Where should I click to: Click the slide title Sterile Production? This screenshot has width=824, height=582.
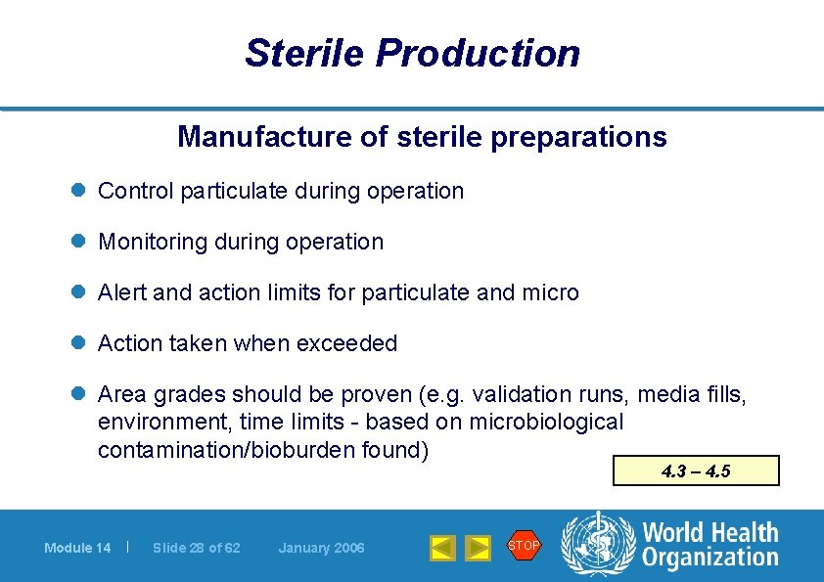(x=412, y=53)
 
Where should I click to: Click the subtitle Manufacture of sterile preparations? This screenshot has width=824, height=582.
(x=422, y=137)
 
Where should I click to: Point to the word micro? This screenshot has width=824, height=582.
(x=551, y=292)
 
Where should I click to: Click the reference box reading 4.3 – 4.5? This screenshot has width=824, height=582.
(x=696, y=470)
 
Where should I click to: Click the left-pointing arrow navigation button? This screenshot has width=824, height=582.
(x=442, y=548)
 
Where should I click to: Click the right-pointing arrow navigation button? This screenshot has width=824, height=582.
(x=477, y=548)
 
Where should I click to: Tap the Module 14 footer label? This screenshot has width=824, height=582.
(x=77, y=548)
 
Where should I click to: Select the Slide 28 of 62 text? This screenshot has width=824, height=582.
(x=197, y=548)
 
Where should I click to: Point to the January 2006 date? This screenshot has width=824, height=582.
(x=321, y=548)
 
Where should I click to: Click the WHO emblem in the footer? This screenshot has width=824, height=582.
(x=596, y=544)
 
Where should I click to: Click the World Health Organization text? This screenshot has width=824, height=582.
(x=710, y=545)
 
